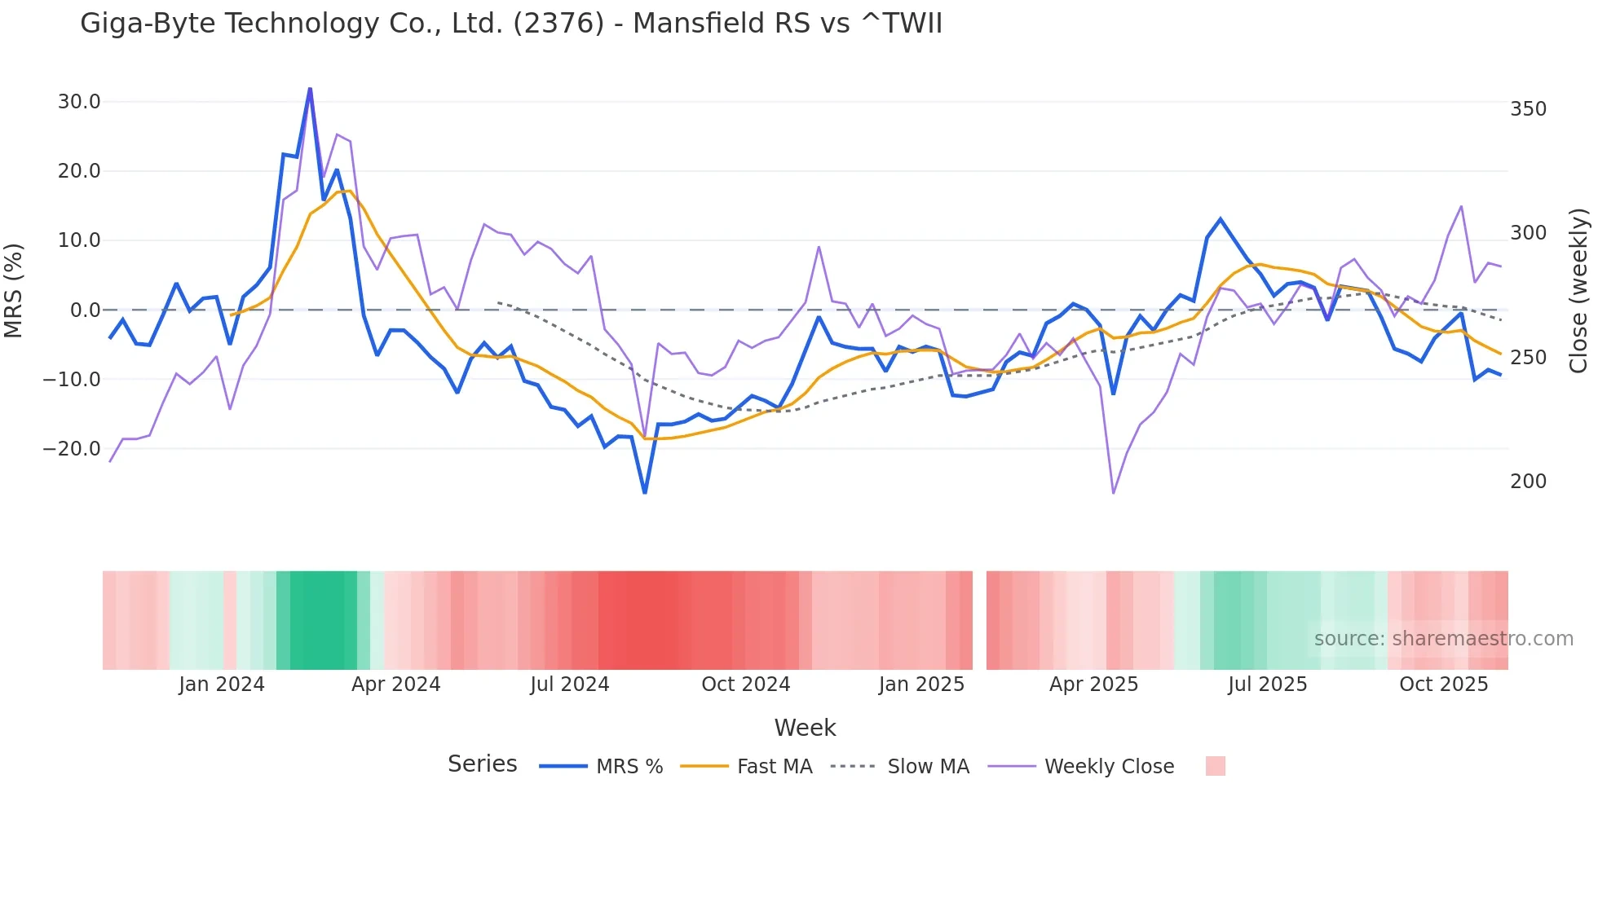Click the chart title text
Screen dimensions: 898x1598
pos(511,24)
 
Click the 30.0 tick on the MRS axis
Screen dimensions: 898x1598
pos(79,102)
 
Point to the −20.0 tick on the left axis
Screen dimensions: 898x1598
pos(72,449)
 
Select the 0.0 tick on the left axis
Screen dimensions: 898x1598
pos(85,310)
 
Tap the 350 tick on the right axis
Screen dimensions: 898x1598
pos(1528,109)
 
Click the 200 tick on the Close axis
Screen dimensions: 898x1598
pos(1528,482)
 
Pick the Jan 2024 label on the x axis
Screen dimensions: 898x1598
pos(222,685)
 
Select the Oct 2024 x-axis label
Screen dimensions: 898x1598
pos(745,685)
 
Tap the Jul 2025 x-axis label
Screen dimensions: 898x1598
pos(1267,685)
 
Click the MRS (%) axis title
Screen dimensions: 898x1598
pos(14,290)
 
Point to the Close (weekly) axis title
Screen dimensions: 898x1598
pos(1578,291)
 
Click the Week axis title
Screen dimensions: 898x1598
pos(805,728)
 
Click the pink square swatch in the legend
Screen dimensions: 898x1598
pos(1215,766)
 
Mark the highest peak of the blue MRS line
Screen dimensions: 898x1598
pos(310,89)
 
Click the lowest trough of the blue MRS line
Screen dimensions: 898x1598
pos(645,492)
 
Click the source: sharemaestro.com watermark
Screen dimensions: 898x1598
pos(1443,639)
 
